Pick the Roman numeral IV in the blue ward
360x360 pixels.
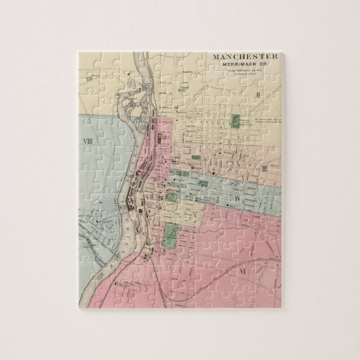[237, 198]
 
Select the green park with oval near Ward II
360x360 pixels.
[237, 122]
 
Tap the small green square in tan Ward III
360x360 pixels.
[195, 158]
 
